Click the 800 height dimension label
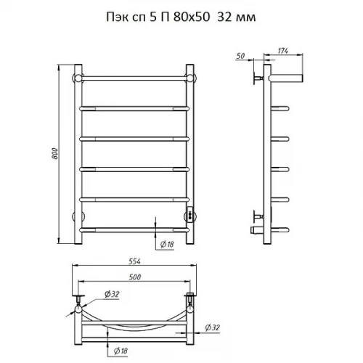click(x=55, y=153)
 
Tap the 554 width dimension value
click(x=134, y=261)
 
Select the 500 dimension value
click(x=135, y=277)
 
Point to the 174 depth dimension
click(x=283, y=51)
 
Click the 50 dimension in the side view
click(x=240, y=56)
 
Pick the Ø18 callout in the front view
click(x=167, y=245)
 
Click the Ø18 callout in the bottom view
click(x=121, y=351)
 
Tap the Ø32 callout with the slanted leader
click(x=112, y=294)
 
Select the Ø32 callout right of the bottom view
click(x=212, y=327)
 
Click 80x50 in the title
click(x=192, y=17)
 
